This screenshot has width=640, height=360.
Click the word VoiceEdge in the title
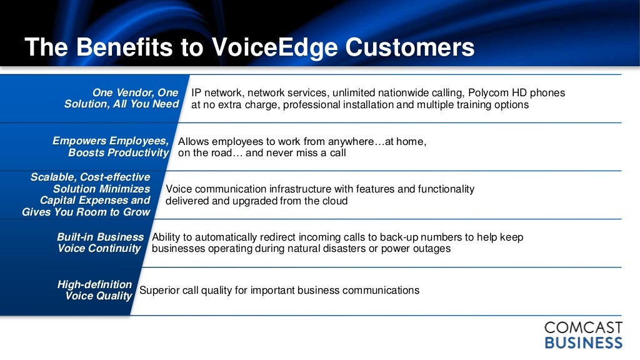[x=274, y=47]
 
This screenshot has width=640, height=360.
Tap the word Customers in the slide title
[x=410, y=47]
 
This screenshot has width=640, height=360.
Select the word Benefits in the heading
[x=124, y=47]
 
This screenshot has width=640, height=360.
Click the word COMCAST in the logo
[x=583, y=327]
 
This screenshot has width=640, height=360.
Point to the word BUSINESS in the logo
[x=584, y=343]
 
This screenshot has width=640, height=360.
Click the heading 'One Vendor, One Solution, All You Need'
[x=121, y=98]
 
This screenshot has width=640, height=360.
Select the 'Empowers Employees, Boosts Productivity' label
[x=111, y=146]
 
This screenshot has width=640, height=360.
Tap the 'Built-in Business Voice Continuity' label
[x=101, y=242]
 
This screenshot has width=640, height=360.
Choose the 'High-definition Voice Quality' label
[x=95, y=290]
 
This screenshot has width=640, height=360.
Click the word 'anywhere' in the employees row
[x=351, y=142]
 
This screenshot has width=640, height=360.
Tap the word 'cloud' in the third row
[x=335, y=201]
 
